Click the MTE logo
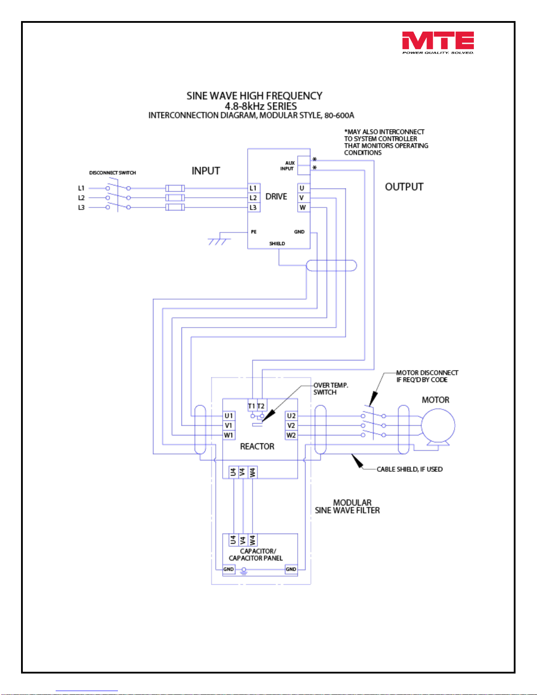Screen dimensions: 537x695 438,43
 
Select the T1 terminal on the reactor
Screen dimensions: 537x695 252,406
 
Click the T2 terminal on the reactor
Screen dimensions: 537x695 261,406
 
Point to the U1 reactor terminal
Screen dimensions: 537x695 229,416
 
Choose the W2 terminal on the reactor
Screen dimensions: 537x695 291,435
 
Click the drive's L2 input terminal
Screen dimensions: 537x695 254,198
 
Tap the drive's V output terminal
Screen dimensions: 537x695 303,198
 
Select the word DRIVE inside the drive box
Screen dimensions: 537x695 276,197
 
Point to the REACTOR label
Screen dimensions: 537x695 257,446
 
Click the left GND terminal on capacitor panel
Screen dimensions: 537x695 228,569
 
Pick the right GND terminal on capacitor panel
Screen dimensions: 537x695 291,569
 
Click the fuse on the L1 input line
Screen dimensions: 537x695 175,189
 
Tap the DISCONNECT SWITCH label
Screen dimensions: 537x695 113,173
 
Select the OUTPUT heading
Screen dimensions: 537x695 404,187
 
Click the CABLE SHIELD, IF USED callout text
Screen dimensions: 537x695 409,469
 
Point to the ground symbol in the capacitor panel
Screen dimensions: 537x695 244,570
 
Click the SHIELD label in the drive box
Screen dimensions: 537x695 277,243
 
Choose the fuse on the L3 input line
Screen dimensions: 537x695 175,207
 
